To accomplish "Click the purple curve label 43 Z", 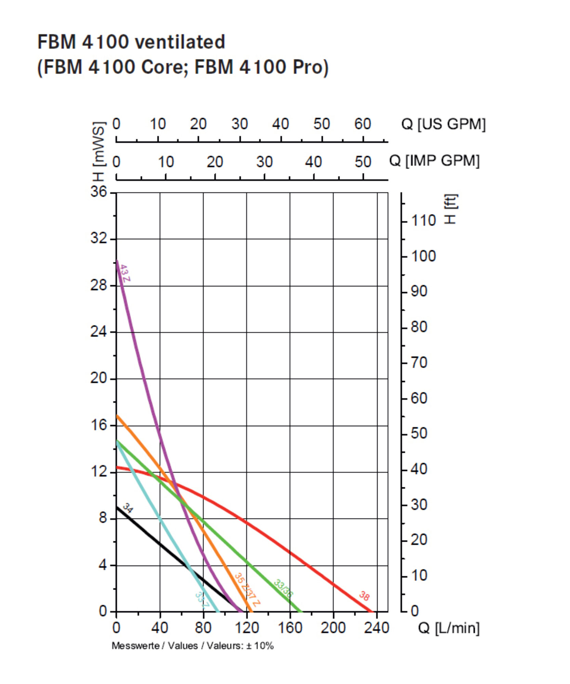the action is tap(125, 273).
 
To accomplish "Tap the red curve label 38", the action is tap(364, 596).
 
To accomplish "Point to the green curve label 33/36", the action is tap(283, 588).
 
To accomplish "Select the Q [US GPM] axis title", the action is tap(443, 124).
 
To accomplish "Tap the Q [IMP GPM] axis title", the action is tap(435, 161).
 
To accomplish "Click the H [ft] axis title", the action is tap(450, 209).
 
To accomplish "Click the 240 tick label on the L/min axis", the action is tap(376, 628).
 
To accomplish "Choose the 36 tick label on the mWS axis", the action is tap(99, 192).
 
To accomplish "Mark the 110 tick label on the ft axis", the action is tap(423, 221).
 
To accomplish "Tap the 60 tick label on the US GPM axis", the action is tap(363, 124).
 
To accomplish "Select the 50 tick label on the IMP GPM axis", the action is tap(363, 162).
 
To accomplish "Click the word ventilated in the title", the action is tap(180, 42).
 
